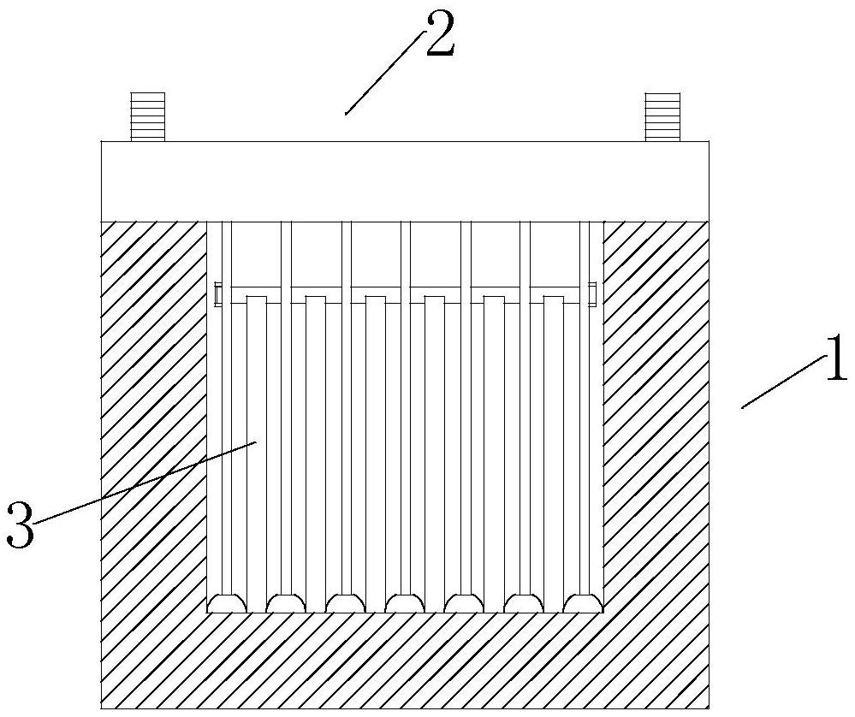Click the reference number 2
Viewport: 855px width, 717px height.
pos(437,36)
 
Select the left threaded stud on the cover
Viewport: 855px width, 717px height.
pos(146,116)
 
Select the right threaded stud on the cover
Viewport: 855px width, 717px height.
pos(662,116)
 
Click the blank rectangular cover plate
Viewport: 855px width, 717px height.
pos(405,181)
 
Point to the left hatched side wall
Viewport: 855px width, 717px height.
pos(154,411)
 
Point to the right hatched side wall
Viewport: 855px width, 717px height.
pos(656,411)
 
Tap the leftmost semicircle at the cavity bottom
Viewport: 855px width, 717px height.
pos(227,604)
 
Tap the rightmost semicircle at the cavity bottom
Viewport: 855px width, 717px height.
pos(584,604)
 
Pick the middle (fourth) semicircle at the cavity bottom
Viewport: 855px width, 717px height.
pos(405,604)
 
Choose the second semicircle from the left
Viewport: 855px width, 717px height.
pos(286,604)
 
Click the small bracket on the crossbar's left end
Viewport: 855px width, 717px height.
pos(217,293)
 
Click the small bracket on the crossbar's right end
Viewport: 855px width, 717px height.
pos(592,293)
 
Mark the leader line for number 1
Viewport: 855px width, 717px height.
pos(779,383)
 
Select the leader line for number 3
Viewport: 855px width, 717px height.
pos(145,480)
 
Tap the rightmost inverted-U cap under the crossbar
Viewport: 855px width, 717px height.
pos(554,299)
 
